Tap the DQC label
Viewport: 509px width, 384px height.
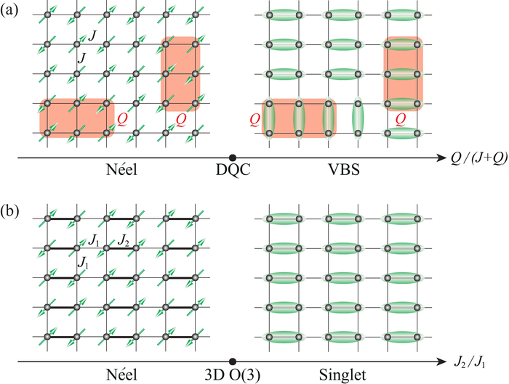233,171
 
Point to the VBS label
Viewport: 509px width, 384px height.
340,171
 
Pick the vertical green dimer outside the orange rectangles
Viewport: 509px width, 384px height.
358,118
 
